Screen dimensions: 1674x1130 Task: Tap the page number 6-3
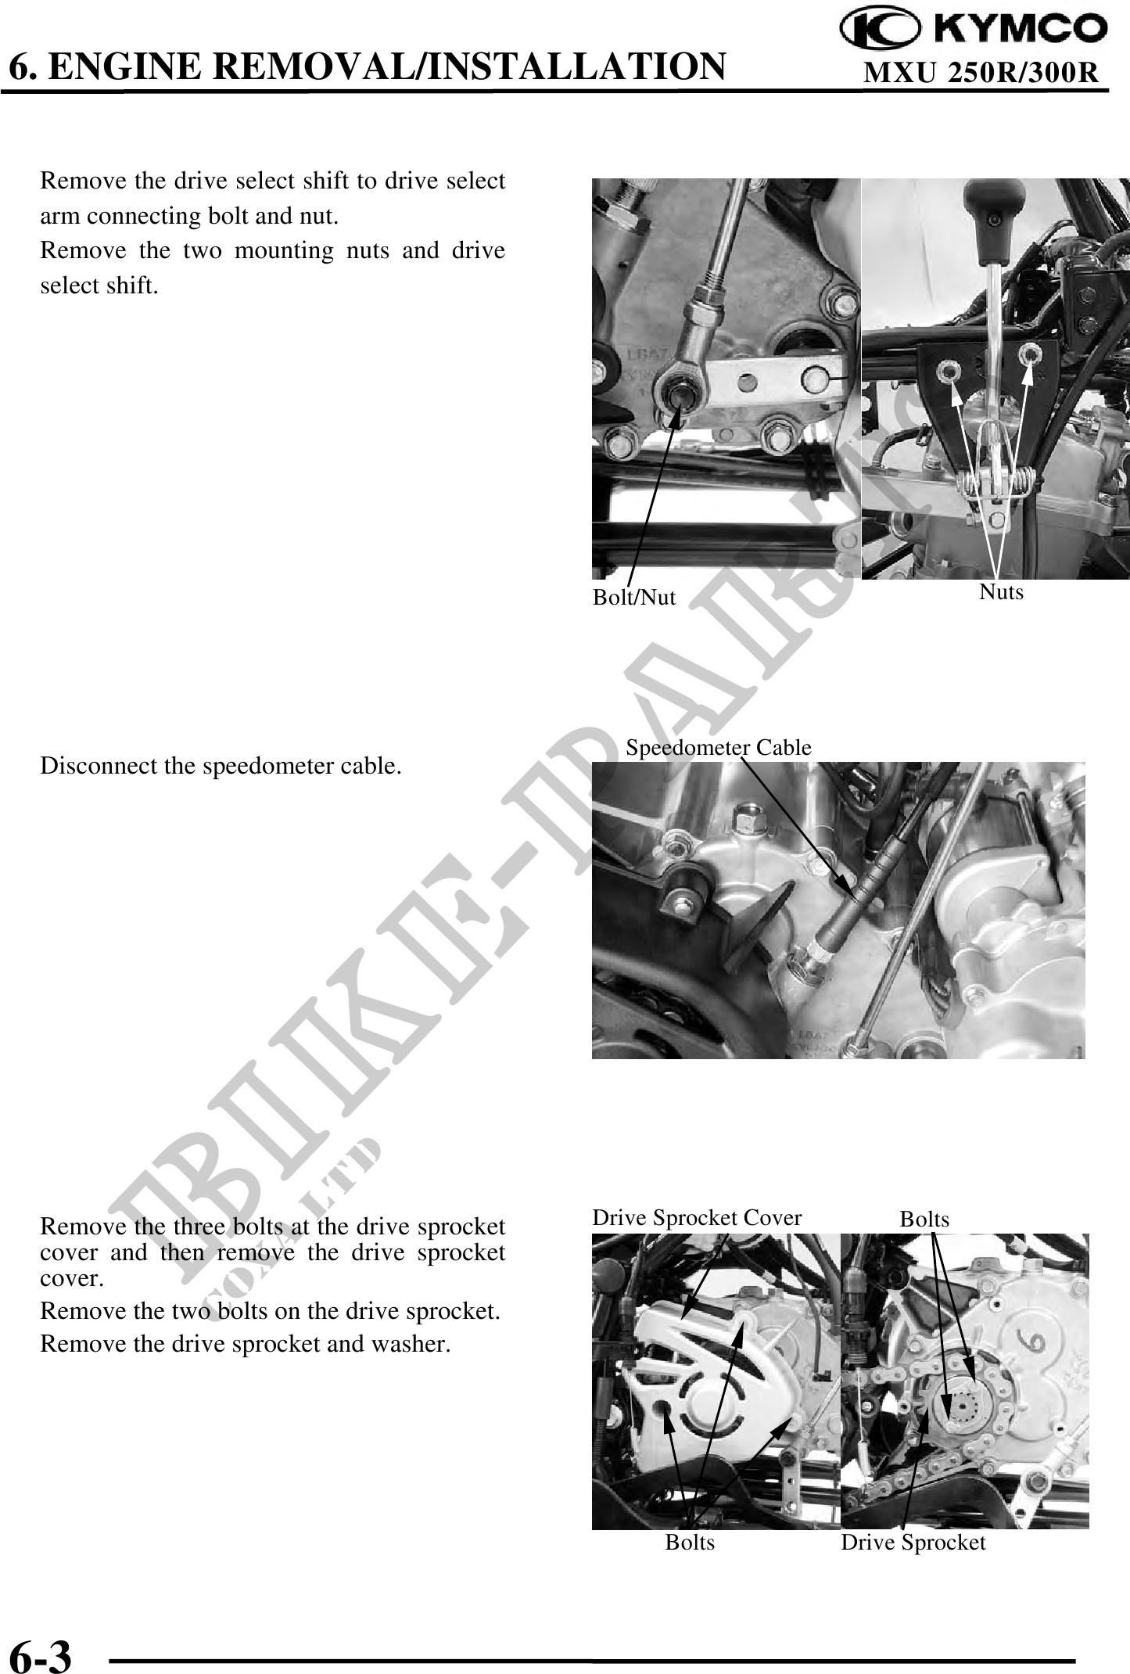pos(40,1653)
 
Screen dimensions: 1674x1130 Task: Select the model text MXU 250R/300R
pos(981,73)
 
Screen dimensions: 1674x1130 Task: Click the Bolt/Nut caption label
pos(633,598)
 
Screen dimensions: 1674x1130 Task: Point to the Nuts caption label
pos(1001,592)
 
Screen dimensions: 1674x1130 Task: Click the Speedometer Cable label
pos(719,748)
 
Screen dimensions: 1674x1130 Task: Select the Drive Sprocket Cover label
pos(697,1218)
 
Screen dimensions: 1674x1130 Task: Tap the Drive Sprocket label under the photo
pos(913,1543)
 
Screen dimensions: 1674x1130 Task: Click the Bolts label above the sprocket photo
pos(924,1220)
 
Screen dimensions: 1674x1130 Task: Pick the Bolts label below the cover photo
pos(690,1543)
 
